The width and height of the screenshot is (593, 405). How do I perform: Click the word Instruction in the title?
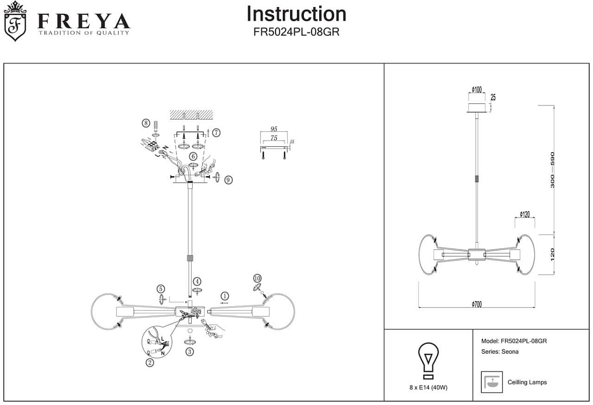296,14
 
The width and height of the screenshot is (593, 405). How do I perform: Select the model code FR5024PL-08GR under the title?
296,32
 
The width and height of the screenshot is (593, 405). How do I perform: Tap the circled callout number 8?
145,122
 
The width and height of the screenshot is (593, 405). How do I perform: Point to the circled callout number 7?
216,132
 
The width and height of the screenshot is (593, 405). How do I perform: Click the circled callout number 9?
228,180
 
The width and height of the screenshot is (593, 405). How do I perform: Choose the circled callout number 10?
257,278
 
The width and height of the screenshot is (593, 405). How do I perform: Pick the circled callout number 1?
225,296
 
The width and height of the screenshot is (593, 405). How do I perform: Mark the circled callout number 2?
150,363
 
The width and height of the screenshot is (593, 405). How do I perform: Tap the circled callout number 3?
190,352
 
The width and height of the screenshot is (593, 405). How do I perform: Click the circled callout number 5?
161,288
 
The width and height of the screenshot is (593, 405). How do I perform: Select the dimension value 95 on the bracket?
273,129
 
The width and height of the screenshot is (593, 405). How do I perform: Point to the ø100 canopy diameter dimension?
476,89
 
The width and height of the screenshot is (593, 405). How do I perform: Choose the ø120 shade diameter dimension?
524,214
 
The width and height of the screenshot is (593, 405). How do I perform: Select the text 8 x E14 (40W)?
428,387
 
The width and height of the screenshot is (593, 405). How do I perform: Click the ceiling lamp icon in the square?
491,382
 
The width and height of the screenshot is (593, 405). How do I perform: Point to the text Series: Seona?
500,352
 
